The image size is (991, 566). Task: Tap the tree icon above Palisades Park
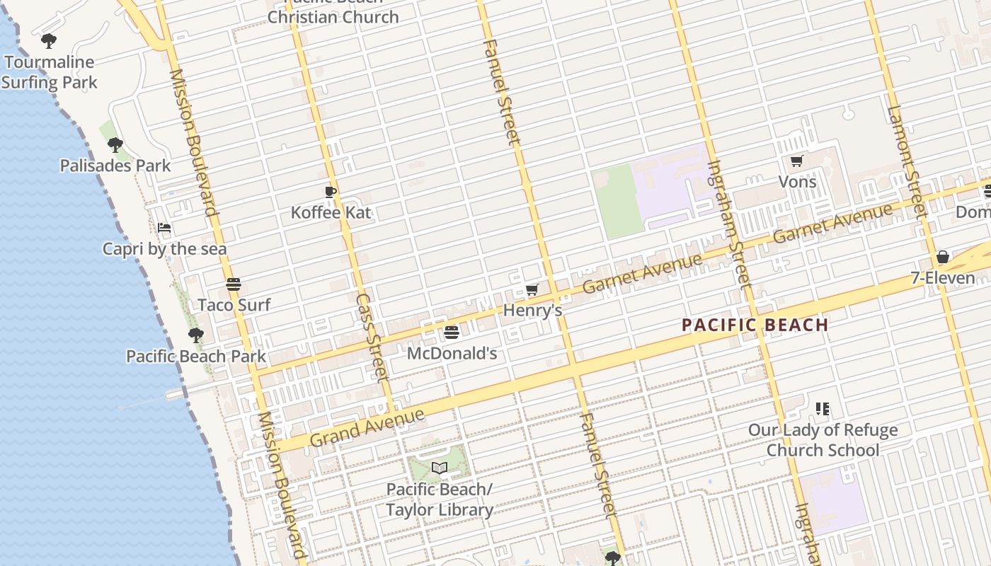coord(115,145)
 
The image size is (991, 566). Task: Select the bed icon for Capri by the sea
coord(164,228)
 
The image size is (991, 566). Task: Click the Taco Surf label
coord(234,305)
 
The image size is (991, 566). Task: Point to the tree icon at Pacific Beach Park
coord(196,335)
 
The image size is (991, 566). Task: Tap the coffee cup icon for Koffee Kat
coord(330,192)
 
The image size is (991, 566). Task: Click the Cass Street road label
coord(372,337)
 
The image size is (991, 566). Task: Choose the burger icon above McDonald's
coord(452,332)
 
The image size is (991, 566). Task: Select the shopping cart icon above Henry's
coord(532,289)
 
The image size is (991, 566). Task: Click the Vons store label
coord(797,182)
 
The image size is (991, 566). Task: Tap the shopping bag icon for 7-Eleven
coord(942,257)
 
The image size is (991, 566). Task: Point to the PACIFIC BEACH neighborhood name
coord(755,325)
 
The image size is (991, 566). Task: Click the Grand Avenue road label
coord(367,427)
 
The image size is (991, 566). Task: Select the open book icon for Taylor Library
coord(440,468)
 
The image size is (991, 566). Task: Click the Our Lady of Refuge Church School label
coord(823,440)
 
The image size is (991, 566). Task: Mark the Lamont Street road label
coord(907,161)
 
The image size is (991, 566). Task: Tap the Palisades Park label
coord(115,166)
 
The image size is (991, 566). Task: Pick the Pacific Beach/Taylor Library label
coord(440,499)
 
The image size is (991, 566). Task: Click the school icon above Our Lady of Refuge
coord(822,408)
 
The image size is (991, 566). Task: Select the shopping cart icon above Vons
coord(796,161)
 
